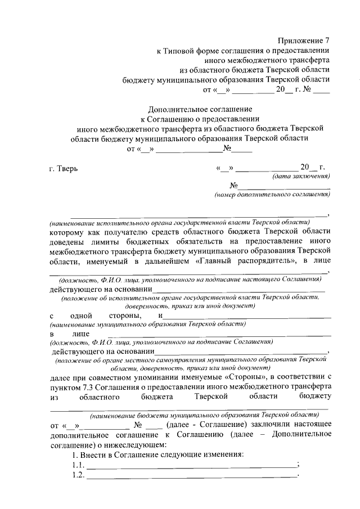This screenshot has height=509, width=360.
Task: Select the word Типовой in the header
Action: (180, 50)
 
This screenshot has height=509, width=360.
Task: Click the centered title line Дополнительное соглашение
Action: (200, 109)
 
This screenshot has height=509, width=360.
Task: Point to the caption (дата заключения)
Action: (301, 177)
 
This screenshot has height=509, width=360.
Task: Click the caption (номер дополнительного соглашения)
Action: (272, 195)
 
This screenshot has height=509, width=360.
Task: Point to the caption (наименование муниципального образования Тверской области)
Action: (147, 325)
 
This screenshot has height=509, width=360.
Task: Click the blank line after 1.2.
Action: (191, 476)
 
